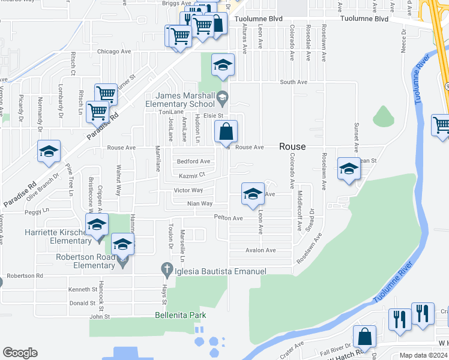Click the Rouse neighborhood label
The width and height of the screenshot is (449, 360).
[292, 146]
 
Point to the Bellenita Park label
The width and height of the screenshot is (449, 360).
[180, 315]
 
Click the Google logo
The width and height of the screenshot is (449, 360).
[20, 353]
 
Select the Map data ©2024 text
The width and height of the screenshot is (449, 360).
[423, 355]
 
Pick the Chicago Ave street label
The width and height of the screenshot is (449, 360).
[113, 52]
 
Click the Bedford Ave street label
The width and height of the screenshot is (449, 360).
[193, 161]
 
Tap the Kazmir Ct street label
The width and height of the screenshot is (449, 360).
[192, 175]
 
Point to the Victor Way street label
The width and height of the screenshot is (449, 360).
[188, 190]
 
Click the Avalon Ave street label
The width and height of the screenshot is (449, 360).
[260, 250]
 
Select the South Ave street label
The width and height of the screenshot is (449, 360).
[294, 82]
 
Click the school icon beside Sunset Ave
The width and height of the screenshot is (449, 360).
[349, 169]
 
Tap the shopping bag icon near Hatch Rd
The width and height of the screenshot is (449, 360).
[364, 337]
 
